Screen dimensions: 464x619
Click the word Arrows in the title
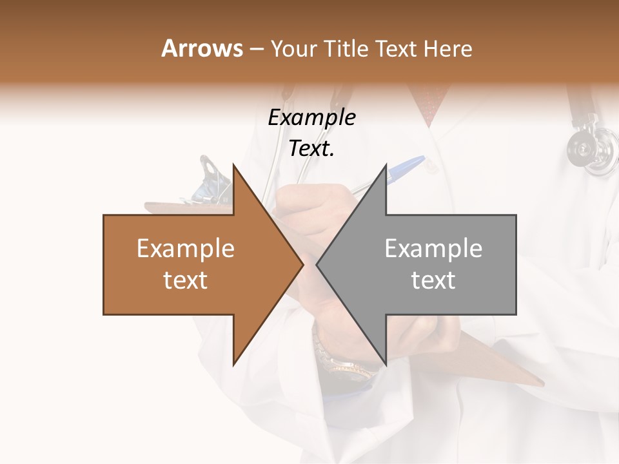pyautogui.click(x=202, y=48)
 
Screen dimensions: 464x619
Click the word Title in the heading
pyautogui.click(x=347, y=48)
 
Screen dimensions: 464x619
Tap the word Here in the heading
pyautogui.click(x=448, y=48)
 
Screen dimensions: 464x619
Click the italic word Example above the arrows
pyautogui.click(x=311, y=118)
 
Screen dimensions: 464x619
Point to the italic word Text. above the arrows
pyautogui.click(x=311, y=149)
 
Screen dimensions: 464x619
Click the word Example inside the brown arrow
pyautogui.click(x=186, y=248)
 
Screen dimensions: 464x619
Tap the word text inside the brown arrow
pyautogui.click(x=186, y=280)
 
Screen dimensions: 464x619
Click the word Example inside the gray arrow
pyautogui.click(x=433, y=248)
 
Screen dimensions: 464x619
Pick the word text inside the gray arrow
pyautogui.click(x=433, y=280)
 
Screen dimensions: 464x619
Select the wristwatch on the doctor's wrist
pyautogui.click(x=342, y=361)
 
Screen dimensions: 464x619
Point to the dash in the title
pyautogui.click(x=256, y=50)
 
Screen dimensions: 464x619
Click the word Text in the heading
pyautogui.click(x=396, y=48)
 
